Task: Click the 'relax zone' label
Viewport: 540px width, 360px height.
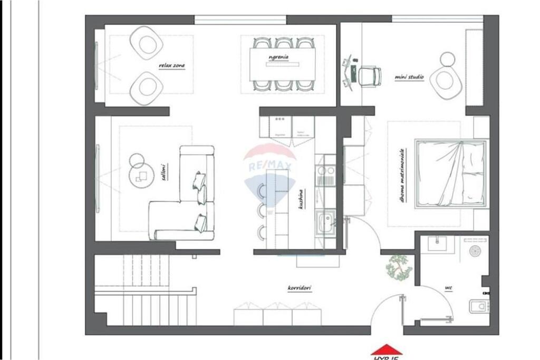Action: (172, 66)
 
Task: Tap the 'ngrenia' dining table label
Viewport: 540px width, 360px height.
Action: (278, 56)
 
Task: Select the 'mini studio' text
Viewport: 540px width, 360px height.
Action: (409, 77)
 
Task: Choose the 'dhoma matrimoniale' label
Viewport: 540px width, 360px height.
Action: (402, 176)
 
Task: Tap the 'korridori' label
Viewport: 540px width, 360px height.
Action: (300, 288)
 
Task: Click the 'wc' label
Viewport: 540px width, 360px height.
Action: (448, 288)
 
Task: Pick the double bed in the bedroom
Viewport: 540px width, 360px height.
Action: (451, 173)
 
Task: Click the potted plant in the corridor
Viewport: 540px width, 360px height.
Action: (399, 267)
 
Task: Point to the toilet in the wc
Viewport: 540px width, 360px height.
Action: (479, 306)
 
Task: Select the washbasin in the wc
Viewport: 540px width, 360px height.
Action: (437, 244)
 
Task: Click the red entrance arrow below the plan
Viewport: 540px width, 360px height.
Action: (387, 350)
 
